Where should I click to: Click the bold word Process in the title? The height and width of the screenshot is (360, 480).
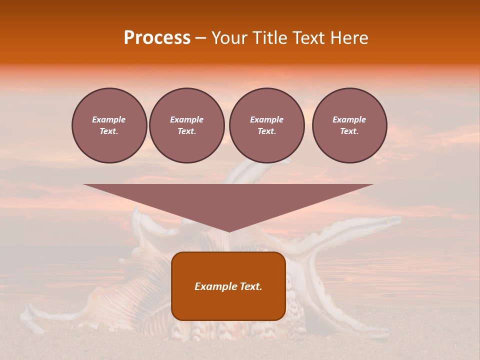[157, 38]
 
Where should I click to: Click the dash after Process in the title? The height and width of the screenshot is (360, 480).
[200, 38]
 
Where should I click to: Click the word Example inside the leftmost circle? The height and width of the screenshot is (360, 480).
[109, 119]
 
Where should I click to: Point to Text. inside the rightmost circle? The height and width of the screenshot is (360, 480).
[349, 131]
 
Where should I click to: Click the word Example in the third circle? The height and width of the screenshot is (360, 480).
[266, 119]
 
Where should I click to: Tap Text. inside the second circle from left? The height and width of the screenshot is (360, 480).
[187, 131]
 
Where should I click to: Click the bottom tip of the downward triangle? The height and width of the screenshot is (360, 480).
[228, 230]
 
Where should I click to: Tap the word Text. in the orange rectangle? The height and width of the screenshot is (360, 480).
[250, 286]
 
